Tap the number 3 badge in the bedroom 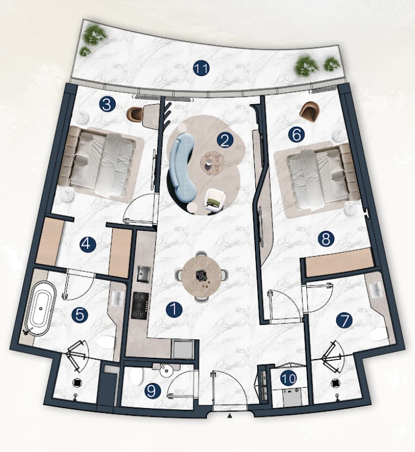tap(107, 104)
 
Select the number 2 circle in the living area tap(225, 140)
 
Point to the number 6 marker tap(296, 134)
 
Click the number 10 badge tap(289, 378)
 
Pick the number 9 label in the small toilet tap(153, 391)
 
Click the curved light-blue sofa tap(183, 164)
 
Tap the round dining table tap(202, 277)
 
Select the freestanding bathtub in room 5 tap(40, 308)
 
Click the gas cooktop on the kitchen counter tap(140, 305)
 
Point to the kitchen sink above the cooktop tap(144, 273)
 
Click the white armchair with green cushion tap(214, 201)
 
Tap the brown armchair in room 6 tap(310, 112)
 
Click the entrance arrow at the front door tap(230, 415)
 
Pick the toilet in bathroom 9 tap(136, 376)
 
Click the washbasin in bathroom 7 tap(376, 290)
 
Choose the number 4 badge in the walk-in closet tap(88, 244)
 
